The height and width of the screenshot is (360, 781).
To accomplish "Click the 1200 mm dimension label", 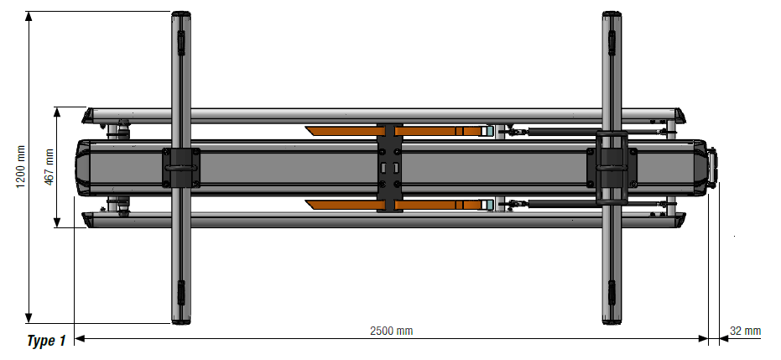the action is pyautogui.click(x=20, y=167).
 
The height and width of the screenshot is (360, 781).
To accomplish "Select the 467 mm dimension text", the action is pyautogui.click(x=49, y=167).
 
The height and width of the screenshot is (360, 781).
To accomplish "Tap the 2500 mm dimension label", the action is pyautogui.click(x=392, y=331).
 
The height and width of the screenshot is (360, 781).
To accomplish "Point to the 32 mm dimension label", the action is pyautogui.click(x=746, y=331).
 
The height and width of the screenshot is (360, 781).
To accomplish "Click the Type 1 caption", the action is pyautogui.click(x=46, y=341).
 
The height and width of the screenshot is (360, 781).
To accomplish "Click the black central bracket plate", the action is pyautogui.click(x=389, y=167).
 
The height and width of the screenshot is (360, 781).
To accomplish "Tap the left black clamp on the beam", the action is pyautogui.click(x=181, y=167).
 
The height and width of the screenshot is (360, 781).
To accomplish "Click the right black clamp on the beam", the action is pyautogui.click(x=612, y=168).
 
